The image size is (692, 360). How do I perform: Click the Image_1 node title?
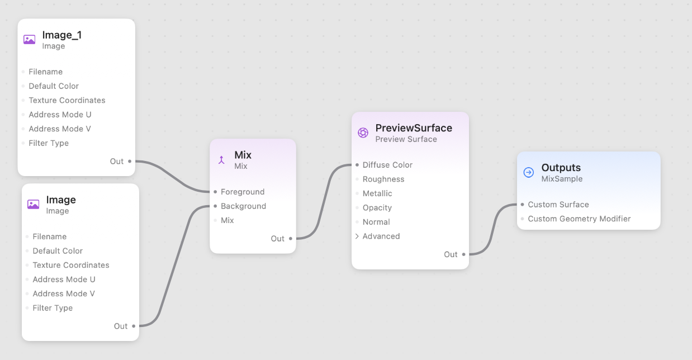coord(61,35)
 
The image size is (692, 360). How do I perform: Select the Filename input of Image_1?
coord(45,72)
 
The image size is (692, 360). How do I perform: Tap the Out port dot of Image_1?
coord(130,161)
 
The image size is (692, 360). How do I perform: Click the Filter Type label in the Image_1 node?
coord(49,143)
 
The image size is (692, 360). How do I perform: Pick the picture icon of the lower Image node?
coord(34,205)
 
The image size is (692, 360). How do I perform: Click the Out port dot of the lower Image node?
coord(134,326)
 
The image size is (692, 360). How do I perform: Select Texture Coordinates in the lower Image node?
coord(70,265)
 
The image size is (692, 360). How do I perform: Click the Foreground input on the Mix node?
coord(242,192)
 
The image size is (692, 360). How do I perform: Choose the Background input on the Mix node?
coord(243,206)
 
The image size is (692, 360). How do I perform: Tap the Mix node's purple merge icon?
coord(221,160)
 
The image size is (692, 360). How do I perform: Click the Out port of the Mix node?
coord(291,239)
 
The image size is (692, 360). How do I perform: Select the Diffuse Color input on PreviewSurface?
coord(387,165)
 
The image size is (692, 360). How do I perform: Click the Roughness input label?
coord(383,179)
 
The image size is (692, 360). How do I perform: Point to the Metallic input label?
coord(377,193)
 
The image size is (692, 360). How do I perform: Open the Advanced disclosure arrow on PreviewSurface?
coord(357,236)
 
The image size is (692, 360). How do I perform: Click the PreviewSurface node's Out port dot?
coord(464,254)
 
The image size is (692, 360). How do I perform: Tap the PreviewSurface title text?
coord(414,128)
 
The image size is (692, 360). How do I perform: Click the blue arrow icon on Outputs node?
coord(529,172)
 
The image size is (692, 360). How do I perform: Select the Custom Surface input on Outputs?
coord(558,205)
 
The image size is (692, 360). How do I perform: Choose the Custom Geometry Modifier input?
coord(579,219)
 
